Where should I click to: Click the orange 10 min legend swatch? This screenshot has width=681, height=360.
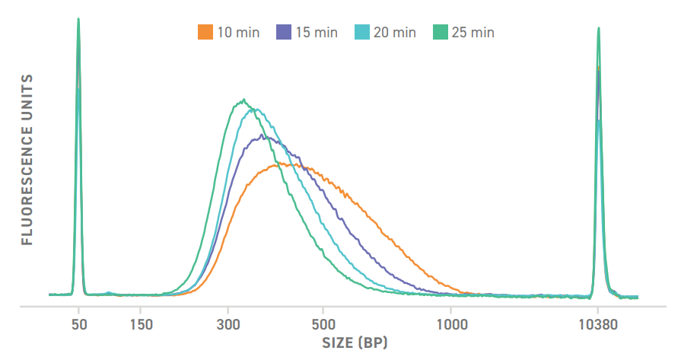tap(204, 32)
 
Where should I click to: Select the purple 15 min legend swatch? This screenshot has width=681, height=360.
tap(283, 32)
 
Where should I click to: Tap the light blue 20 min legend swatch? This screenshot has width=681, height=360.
tap(361, 32)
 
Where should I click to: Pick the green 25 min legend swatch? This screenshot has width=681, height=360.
tap(441, 32)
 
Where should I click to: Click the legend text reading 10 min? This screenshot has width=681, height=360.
tap(238, 32)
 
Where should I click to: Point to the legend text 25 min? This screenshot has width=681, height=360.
tap(473, 32)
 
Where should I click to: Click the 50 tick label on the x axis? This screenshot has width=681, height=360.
tap(78, 323)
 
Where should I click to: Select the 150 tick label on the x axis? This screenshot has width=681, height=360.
tap(142, 323)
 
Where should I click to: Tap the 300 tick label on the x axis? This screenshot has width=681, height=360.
tap(228, 323)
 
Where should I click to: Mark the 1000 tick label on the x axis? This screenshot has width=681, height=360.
tap(450, 323)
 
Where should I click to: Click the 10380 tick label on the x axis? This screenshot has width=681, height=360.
tap(598, 323)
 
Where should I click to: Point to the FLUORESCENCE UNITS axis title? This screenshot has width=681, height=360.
tap(27, 159)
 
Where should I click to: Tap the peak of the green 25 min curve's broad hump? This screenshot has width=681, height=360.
tap(243, 100)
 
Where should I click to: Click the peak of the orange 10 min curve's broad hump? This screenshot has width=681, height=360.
tap(282, 163)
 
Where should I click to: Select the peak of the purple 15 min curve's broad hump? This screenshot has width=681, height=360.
tap(263, 135)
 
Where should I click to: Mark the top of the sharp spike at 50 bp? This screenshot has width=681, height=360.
tap(78, 19)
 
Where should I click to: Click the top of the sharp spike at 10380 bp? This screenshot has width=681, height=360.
tap(599, 28)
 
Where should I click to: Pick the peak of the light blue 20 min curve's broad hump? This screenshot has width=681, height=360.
tap(256, 109)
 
